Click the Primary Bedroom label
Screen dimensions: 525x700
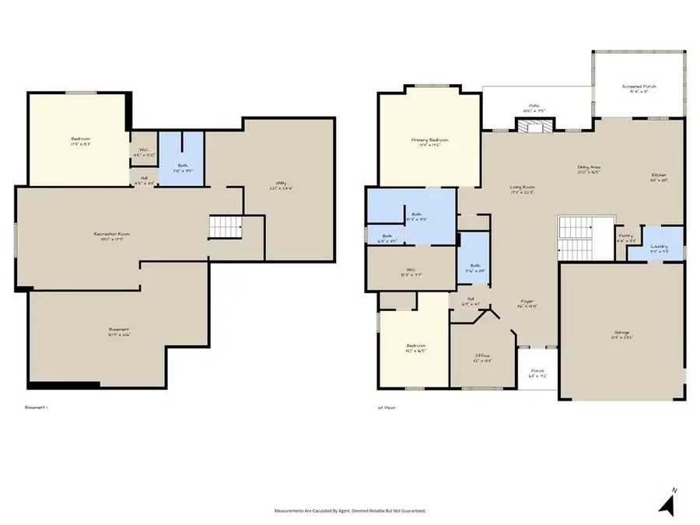tap(429, 142)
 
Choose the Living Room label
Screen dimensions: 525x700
tap(523, 189)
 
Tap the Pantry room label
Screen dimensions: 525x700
tap(625, 236)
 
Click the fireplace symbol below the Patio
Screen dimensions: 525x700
tap(528, 126)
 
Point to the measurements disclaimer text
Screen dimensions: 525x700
tap(349, 511)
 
